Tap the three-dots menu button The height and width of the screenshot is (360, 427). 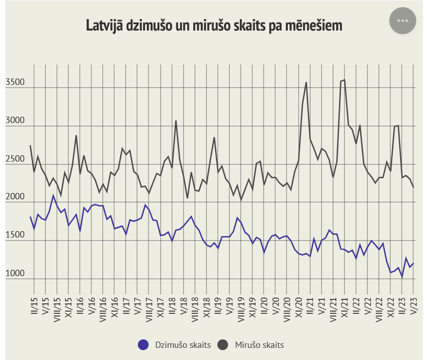402,21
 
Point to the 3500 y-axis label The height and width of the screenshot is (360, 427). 15,83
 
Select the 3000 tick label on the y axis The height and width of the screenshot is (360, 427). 15,121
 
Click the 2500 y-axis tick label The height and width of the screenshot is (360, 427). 15,159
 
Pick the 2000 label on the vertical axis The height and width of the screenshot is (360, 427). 15,198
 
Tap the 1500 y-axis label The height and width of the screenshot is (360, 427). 15,236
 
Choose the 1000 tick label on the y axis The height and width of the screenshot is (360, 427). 15,274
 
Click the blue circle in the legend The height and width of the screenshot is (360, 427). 143,344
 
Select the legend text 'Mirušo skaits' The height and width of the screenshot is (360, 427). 259,345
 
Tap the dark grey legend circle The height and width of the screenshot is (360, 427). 223,344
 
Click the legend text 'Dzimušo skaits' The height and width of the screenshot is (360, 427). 182,345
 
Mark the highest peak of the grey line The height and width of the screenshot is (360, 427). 344,80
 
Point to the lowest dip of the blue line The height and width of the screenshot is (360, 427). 402,277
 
